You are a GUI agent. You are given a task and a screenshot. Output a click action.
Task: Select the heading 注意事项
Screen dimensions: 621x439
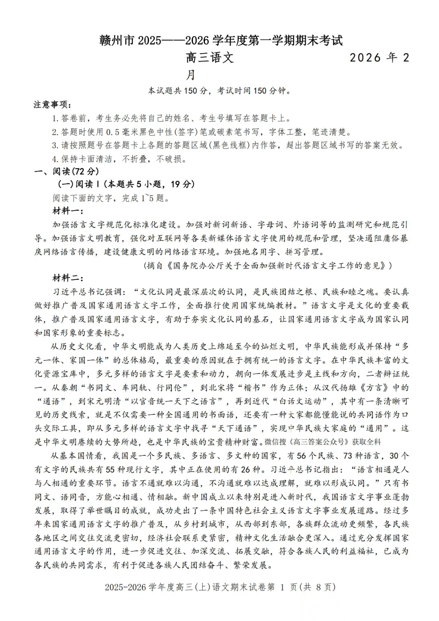click(52, 105)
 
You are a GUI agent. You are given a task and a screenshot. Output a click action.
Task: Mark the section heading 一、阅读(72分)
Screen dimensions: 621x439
click(67, 171)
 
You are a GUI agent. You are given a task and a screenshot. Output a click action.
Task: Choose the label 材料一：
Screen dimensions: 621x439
click(68, 211)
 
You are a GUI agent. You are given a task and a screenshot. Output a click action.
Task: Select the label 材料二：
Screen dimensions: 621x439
click(68, 278)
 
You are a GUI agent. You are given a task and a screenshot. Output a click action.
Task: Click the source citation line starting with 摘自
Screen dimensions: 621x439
click(267, 266)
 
